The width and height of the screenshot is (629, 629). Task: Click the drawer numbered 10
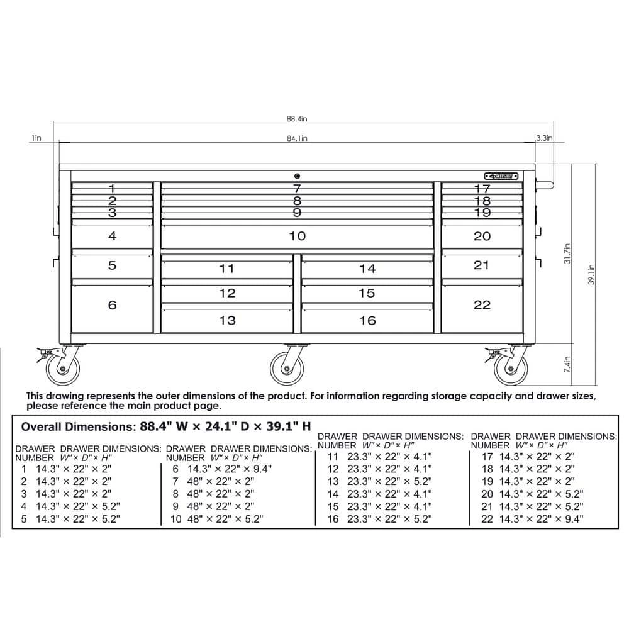coord(297,236)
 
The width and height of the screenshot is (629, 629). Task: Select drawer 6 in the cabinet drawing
coord(112,305)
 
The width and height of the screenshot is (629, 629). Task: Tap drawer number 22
coord(482,305)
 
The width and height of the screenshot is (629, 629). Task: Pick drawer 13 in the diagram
coord(227,320)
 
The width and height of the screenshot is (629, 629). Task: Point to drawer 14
coord(367,269)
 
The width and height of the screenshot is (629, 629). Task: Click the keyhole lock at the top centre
coord(297,176)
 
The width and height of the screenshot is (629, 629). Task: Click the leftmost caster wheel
coord(63,367)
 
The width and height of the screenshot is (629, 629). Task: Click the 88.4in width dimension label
coord(296,118)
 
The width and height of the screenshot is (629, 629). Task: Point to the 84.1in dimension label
coord(296,138)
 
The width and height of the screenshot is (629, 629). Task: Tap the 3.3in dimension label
coord(544,138)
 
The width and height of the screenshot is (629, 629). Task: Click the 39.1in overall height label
coord(592,274)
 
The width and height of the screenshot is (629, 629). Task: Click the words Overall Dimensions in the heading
coord(76,426)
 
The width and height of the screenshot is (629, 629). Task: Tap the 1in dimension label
coord(36,138)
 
